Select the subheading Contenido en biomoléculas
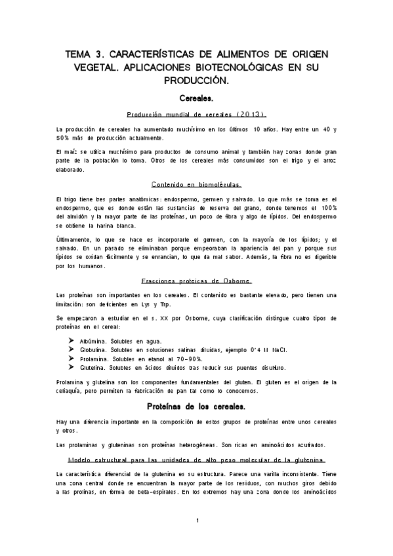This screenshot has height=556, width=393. [196, 184]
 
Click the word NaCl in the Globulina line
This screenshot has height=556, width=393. [262, 351]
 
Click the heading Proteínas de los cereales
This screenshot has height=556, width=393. [196, 407]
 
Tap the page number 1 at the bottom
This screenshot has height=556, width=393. [197, 521]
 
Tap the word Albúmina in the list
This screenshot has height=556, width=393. [94, 342]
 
